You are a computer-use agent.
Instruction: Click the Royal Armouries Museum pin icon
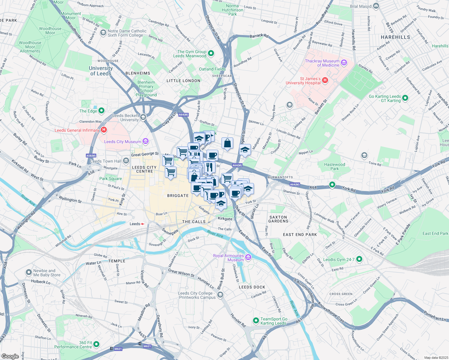248,257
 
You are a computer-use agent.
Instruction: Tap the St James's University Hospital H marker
325,80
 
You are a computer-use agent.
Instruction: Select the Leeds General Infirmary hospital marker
104,130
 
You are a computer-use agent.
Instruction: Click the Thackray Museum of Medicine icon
344,63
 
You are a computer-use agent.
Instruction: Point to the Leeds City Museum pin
145,141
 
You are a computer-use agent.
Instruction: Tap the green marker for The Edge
101,111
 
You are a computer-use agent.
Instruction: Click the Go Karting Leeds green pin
405,98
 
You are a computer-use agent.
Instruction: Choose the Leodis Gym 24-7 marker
359,259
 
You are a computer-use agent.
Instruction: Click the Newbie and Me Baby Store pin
29,272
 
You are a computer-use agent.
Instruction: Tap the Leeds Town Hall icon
126,161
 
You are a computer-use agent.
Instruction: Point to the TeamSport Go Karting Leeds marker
256,321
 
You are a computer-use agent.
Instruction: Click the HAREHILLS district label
395,37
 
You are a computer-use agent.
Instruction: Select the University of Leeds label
101,71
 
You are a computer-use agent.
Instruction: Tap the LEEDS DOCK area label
252,287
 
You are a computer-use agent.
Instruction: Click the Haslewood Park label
335,166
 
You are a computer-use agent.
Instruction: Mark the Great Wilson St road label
181,273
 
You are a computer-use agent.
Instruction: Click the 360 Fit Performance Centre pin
96,344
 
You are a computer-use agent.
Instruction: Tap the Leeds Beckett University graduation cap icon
143,117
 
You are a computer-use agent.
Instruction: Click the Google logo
10,356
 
